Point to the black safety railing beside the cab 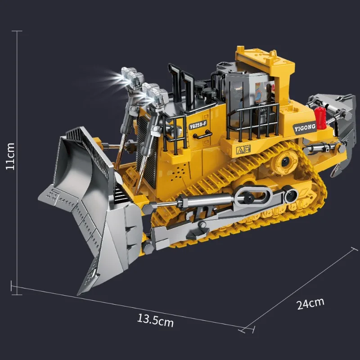point(252,121)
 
